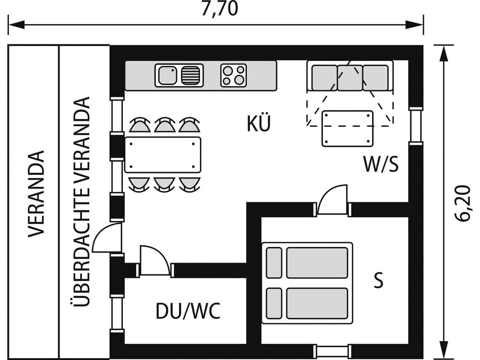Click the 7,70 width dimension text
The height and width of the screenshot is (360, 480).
pos(219,9)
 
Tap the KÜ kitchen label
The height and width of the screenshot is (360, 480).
pos(259,124)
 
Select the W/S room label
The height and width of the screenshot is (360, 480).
pos(381,165)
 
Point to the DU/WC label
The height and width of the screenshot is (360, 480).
pos(188,312)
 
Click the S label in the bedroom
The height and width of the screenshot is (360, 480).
pos(379,281)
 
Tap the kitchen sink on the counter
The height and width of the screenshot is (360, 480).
pos(179,75)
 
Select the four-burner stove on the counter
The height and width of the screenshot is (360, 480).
pos(234,75)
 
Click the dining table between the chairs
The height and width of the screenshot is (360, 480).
pos(163,155)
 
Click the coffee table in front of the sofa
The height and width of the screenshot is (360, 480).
pos(348,128)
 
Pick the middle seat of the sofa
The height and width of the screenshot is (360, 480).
pos(350,78)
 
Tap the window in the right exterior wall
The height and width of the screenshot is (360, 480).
pos(416,126)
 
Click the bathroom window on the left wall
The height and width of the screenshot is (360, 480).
pos(117,313)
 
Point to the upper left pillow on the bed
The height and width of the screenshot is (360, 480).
pos(274,263)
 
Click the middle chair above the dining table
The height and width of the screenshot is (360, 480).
pos(164,126)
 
